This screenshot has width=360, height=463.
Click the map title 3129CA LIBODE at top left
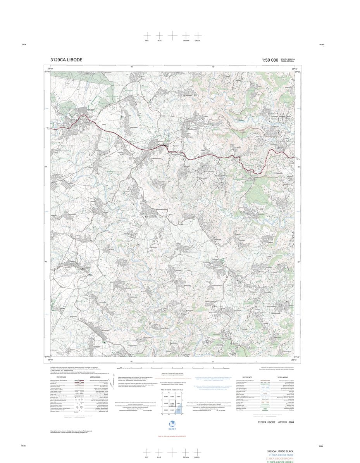[x=66, y=60]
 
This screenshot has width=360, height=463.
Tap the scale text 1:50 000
[x=270, y=60]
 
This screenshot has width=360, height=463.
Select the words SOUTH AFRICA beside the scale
[x=288, y=59]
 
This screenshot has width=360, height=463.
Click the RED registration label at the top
[x=147, y=41]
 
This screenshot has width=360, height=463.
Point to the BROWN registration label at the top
[x=186, y=41]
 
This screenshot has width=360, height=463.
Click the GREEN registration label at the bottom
[x=197, y=458]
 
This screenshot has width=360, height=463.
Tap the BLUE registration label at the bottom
[x=159, y=458]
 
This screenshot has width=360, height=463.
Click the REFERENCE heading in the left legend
[x=61, y=377]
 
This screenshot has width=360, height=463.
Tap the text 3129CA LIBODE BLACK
[x=280, y=451]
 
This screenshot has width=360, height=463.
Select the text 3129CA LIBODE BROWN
[x=280, y=458]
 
